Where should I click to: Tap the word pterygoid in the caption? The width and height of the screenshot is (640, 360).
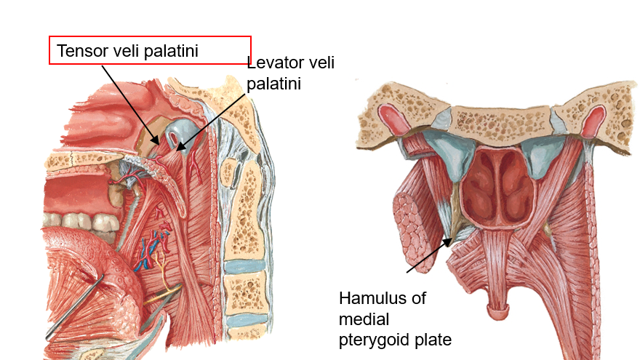tap(375, 339)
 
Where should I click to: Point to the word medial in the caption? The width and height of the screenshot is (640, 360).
tap(364, 319)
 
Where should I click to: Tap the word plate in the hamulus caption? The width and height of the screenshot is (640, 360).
tap(436, 339)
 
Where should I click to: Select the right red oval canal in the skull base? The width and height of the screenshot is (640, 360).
tap(595, 116)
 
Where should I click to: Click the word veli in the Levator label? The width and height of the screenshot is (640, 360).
tap(321, 63)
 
